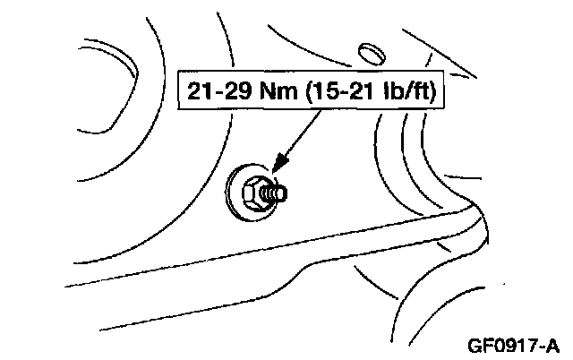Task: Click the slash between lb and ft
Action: click(x=406, y=91)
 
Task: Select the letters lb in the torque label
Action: click(x=392, y=91)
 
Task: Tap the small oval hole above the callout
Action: click(x=370, y=47)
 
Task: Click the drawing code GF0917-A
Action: click(x=514, y=345)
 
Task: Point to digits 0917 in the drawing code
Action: click(x=515, y=345)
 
